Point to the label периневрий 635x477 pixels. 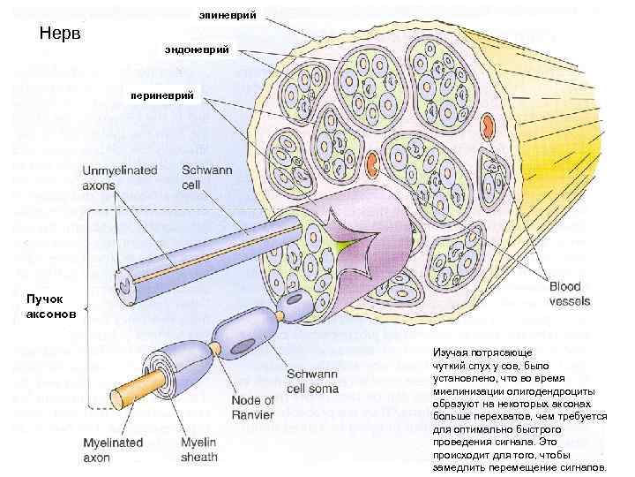coord(168,95)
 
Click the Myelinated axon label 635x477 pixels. coord(109,450)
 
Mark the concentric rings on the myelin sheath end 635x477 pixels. coord(158,369)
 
